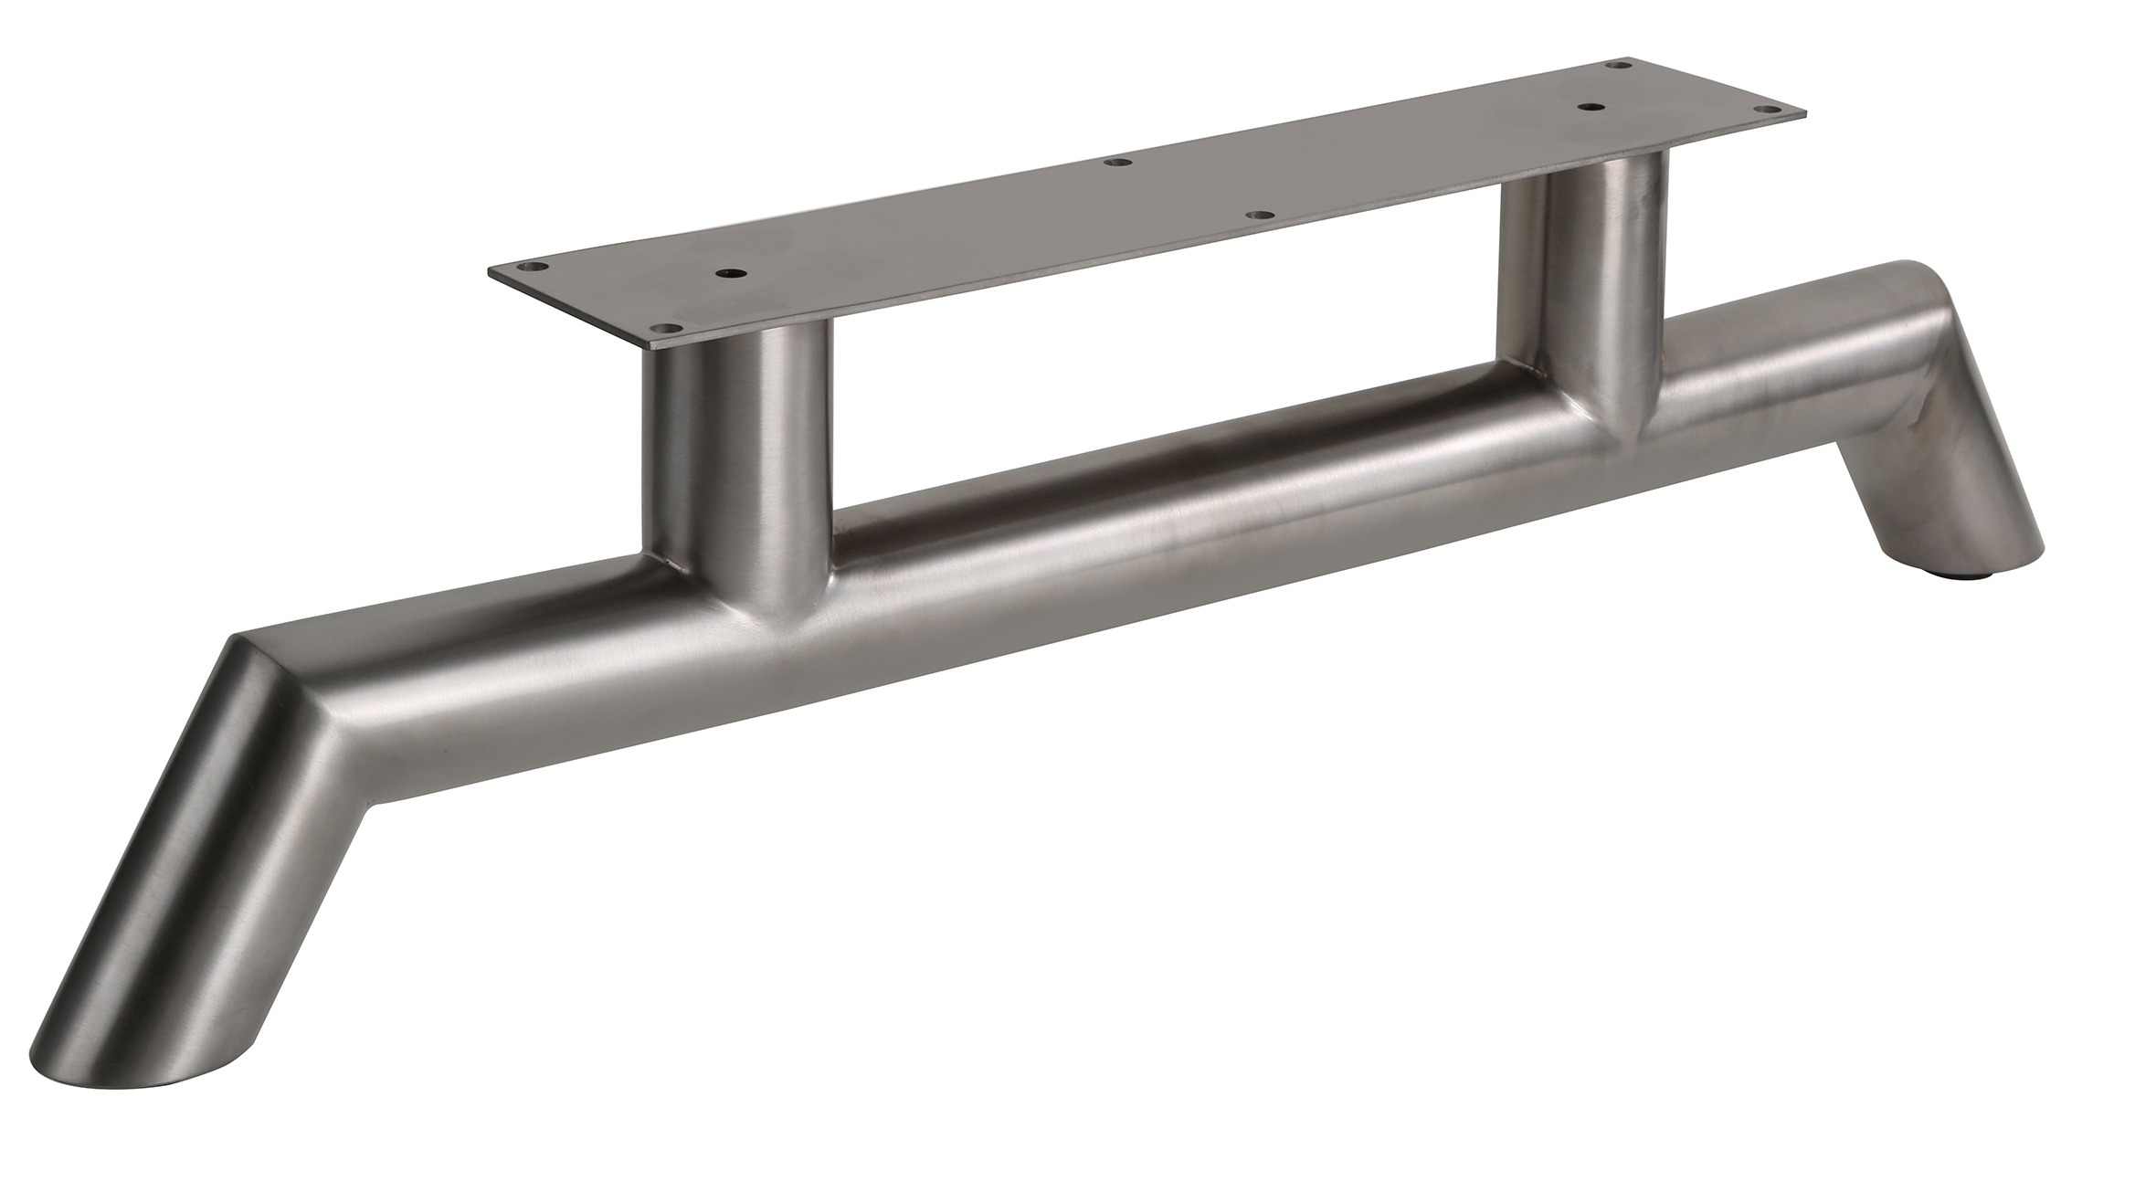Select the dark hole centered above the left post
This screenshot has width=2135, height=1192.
[730, 273]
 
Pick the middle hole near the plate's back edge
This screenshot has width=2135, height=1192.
[1115, 163]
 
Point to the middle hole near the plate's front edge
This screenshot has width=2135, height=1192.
[1262, 216]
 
